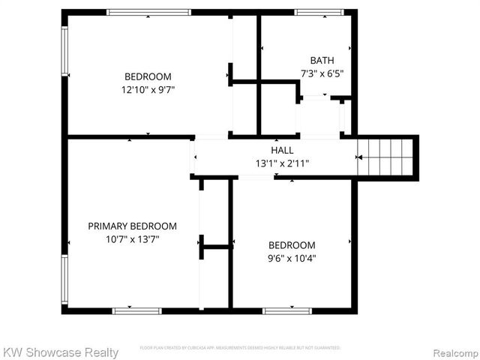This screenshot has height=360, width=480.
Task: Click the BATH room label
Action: pos(322,61)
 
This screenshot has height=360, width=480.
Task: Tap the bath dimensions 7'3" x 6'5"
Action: pos(322,74)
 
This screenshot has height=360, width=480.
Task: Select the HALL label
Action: pos(282,150)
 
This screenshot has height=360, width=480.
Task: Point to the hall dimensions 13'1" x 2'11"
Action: pos(282,163)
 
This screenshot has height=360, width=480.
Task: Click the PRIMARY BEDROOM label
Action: pos(133,226)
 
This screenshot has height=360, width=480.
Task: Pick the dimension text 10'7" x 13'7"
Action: pos(133,239)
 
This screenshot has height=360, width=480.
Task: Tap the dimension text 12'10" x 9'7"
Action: pos(148,89)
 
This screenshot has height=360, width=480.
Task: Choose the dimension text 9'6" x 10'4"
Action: pos(292,259)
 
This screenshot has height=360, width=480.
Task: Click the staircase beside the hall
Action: pos(385,157)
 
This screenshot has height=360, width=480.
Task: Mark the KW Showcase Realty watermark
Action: pos(60,352)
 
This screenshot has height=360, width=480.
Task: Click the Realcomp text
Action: pos(452,352)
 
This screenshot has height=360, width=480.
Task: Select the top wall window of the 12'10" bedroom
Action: pos(148,12)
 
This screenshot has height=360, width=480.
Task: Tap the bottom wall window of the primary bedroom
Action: pos(136,310)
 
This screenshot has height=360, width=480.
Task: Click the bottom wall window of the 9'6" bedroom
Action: pos(287,310)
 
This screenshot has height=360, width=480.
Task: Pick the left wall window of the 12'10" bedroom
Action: pos(64,51)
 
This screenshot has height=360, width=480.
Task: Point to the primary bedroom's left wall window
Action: pos(64,280)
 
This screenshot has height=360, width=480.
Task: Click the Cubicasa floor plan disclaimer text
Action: pos(240,348)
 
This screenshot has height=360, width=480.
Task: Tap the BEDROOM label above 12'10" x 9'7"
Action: pos(148,76)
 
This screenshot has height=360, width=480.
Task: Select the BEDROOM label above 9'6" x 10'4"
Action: pos(292,245)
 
